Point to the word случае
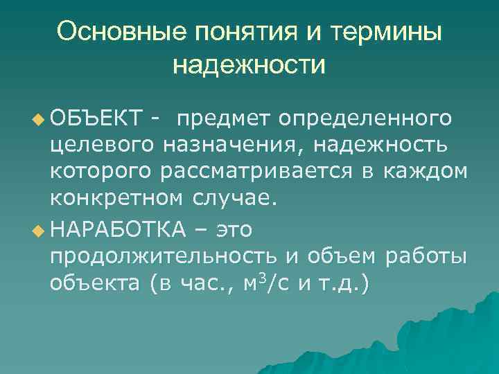click(x=233, y=199)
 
